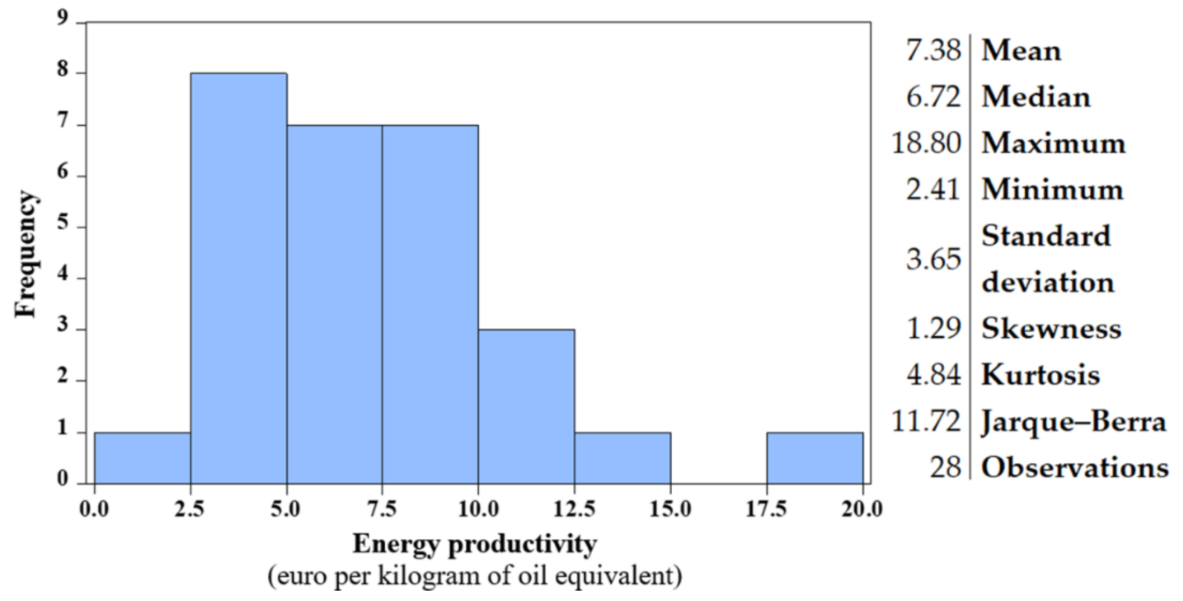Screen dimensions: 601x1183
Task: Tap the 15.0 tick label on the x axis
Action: (x=670, y=509)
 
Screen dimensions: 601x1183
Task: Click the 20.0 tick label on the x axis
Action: (x=862, y=509)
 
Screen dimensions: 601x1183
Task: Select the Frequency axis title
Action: (x=26, y=254)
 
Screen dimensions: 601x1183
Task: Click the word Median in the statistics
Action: (x=1036, y=97)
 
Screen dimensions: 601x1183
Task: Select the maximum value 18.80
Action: (x=926, y=143)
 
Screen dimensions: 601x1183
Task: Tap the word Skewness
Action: (x=1051, y=329)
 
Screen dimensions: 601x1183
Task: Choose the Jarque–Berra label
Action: (x=1073, y=422)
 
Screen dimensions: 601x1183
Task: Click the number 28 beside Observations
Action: (x=945, y=468)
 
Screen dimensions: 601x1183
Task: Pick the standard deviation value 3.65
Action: (x=933, y=259)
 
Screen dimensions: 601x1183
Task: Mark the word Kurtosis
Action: (x=1041, y=375)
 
